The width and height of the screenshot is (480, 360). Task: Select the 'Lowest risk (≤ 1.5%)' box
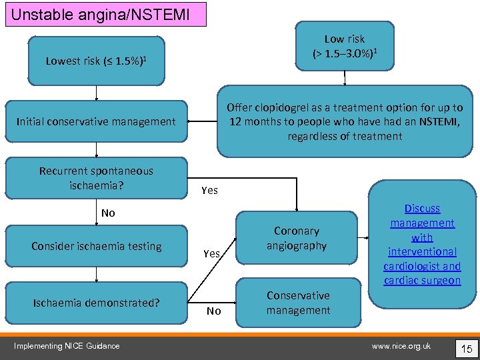point(96,61)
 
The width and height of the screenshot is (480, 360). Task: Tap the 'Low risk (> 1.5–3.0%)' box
point(345,46)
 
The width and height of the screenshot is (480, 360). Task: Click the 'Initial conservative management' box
point(96,121)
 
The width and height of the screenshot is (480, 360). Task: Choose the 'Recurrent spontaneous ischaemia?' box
point(96,178)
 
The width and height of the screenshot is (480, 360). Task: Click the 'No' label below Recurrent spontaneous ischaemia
point(108,213)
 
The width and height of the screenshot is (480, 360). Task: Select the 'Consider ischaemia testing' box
point(96,246)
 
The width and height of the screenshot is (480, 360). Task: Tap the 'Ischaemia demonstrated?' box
point(96,303)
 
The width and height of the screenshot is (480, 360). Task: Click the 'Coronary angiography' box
point(297,239)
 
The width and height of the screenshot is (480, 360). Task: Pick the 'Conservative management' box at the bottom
point(297,303)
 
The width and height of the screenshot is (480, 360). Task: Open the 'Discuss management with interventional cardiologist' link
point(422,245)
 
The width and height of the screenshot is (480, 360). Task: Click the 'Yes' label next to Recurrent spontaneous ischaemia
point(209,191)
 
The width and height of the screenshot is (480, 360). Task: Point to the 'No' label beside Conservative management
point(213,311)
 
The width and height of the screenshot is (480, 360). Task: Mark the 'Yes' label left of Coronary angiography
point(211,254)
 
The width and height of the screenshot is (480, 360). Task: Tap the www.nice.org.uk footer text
point(401,345)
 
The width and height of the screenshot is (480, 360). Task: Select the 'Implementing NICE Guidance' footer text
point(67,345)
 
